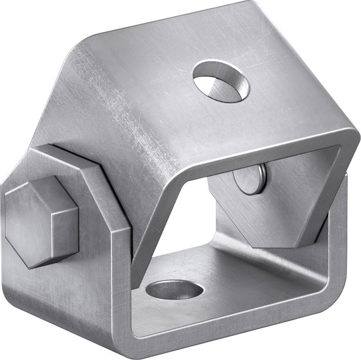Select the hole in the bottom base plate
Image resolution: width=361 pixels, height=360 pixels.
coord(174,290)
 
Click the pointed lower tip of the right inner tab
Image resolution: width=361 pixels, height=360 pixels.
coord(274,246)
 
